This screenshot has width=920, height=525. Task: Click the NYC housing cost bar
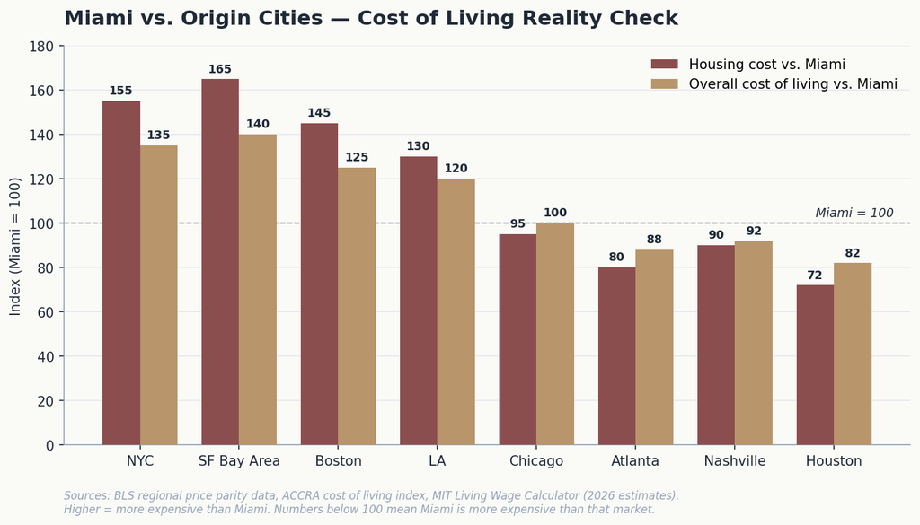[121, 273]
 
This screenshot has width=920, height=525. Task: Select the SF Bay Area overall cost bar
[258, 290]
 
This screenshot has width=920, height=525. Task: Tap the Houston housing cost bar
[815, 365]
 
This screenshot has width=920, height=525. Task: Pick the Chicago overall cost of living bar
[555, 334]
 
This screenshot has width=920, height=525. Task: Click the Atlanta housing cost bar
[616, 356]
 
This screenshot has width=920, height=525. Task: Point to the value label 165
[220, 69]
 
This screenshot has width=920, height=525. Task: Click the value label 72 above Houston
[814, 276]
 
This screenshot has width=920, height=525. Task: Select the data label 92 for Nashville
[754, 231]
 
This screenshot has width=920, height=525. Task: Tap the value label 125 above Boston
[357, 157]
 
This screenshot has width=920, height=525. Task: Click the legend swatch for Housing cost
[664, 65]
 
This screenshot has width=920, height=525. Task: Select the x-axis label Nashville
[735, 461]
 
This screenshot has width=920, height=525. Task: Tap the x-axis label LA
[438, 461]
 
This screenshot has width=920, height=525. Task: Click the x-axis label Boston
[339, 461]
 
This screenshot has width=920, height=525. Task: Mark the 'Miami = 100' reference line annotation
[854, 214]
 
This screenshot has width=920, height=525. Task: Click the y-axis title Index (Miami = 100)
[15, 246]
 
